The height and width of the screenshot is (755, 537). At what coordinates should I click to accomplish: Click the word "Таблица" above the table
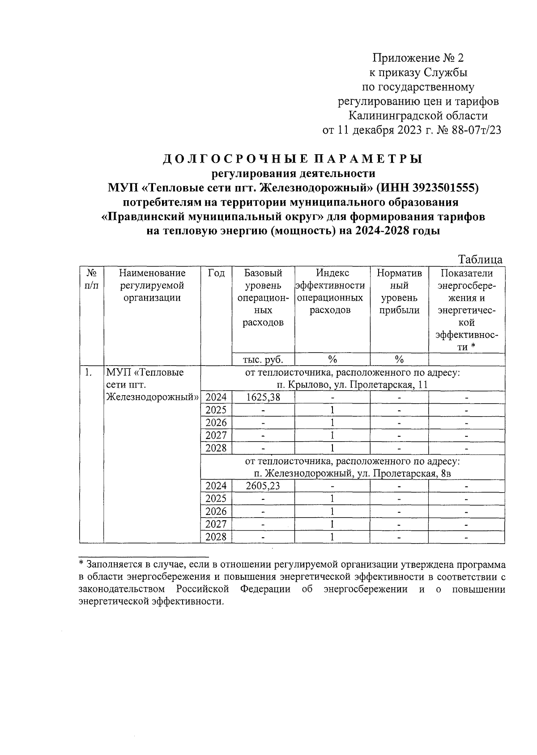[480, 260]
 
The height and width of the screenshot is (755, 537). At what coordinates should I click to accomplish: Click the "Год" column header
[216, 273]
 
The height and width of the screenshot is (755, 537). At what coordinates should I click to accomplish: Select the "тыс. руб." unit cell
[263, 359]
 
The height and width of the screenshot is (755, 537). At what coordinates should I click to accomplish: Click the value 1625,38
[263, 397]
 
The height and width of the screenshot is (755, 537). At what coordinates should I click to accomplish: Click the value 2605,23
[263, 486]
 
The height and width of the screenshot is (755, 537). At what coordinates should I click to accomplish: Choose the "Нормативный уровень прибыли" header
[399, 291]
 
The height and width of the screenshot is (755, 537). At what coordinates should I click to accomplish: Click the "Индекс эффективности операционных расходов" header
[332, 291]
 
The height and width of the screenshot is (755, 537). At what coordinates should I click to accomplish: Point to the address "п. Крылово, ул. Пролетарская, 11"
[353, 385]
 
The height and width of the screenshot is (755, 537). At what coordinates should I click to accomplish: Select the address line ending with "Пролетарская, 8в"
[353, 473]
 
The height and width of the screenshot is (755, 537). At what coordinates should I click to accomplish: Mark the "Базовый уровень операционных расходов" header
[263, 298]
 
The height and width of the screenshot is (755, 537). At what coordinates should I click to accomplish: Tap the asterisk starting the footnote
[81, 564]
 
